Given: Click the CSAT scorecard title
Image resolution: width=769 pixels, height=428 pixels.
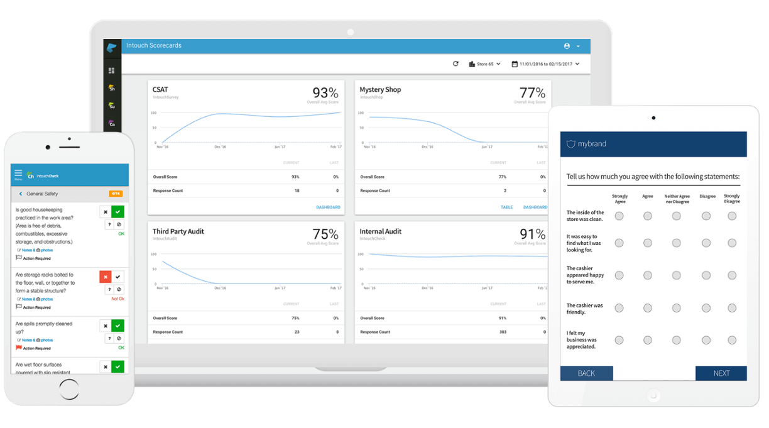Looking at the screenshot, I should coord(160,90).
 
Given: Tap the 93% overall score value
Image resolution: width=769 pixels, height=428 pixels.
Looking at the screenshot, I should coord(325,92).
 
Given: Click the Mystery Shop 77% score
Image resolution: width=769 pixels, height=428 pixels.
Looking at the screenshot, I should coord(532,92).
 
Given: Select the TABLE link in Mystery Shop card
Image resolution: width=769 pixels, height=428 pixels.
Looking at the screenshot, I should coord(506,207).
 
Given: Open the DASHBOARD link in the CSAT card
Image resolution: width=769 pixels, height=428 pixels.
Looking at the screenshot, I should coord(328,207).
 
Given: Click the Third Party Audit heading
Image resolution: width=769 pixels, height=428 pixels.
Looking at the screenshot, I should coord(178,231).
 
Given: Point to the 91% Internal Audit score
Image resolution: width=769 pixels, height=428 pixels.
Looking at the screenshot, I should coord(532,234).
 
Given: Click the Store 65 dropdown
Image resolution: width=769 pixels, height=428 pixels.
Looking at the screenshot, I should coord(485,64).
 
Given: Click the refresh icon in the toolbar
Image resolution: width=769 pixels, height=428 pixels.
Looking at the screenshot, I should coord(455,63).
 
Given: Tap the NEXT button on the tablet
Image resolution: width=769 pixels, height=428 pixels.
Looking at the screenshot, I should coord(721,373).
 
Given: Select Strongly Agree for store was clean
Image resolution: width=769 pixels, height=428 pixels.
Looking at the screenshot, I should coord(619,216).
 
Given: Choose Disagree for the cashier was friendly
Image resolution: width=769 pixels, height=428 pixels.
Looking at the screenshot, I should coord(706,308).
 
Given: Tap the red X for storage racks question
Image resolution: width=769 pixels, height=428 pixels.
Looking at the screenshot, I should coord(106,277).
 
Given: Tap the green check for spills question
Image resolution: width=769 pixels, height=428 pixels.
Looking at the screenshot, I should coord(117,326).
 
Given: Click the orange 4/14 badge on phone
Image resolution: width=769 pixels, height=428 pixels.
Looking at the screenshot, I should coord(115,194).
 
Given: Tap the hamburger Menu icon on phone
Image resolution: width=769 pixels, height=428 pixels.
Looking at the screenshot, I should coord(18,174).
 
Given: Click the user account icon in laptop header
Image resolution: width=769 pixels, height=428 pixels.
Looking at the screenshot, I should coord(567,46).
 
